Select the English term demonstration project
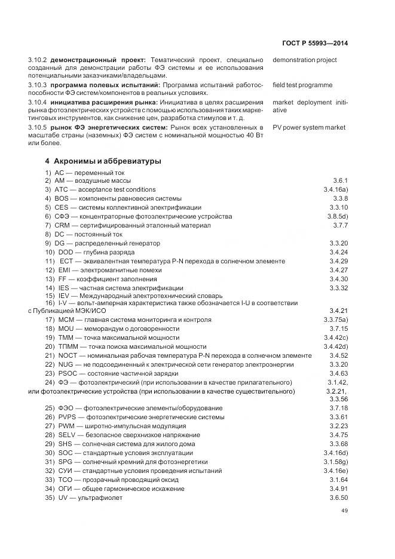[304, 60]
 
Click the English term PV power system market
[309, 127]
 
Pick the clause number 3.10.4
[38, 102]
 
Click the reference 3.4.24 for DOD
[338, 252]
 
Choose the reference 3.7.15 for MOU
[338, 328]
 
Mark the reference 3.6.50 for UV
[338, 498]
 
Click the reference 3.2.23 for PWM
[338, 426]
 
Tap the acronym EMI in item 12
[65, 270]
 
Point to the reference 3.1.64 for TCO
[338, 480]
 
